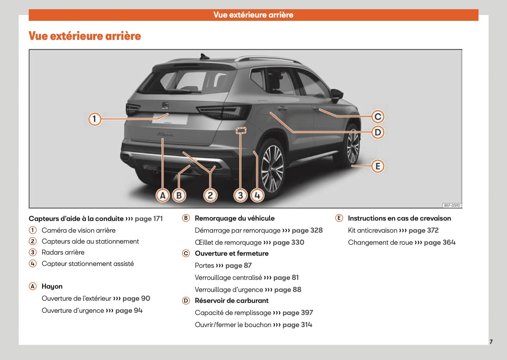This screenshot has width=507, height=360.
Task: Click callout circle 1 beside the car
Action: pos(94,119)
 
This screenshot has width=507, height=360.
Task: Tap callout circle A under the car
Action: pos(163,195)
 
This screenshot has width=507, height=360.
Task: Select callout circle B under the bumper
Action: pos(179,195)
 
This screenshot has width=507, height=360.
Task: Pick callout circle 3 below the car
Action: pos(240,195)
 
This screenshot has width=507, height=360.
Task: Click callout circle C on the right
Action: pos(378,117)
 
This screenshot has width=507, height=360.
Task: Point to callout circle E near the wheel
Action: pos(378,166)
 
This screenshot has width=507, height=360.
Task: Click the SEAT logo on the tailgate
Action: pos(165,105)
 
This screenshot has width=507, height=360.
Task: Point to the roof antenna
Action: pos(202,56)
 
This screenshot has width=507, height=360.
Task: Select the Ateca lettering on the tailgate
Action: pos(165,135)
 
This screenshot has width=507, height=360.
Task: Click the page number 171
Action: pos(158,219)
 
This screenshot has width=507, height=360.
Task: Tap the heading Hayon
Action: pos(52,286)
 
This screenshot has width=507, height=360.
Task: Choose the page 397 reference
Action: pos(298,313)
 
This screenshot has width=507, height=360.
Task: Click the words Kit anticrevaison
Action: pos(372,230)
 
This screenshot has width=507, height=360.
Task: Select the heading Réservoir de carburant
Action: pos(231,301)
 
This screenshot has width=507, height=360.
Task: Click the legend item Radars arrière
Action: pos(63,252)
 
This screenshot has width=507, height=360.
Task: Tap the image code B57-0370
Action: pos(452,206)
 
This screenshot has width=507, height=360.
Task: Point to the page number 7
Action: pos(491,342)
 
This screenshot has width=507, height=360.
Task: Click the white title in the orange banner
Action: pos(253,15)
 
